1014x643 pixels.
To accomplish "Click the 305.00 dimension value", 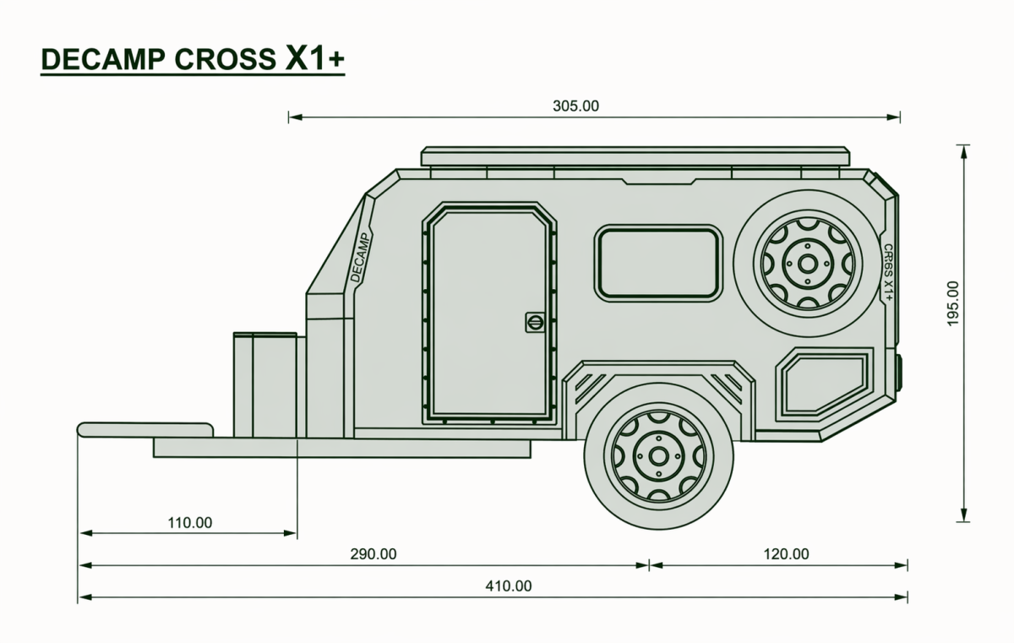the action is [x=575, y=106].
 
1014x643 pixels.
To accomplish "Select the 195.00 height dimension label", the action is [x=953, y=303].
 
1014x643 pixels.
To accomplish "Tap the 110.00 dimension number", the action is [x=189, y=523].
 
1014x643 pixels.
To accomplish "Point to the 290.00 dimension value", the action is [x=373, y=553].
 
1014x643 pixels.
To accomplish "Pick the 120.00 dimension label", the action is [x=787, y=553].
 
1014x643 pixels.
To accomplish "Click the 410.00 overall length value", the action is [x=509, y=586].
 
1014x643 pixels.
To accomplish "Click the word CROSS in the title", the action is [x=225, y=59].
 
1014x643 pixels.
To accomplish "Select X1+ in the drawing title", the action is [x=314, y=58].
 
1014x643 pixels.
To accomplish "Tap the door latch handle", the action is [x=535, y=322].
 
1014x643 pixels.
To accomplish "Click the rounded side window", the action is [x=658, y=264].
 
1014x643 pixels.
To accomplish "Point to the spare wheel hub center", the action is [x=808, y=264].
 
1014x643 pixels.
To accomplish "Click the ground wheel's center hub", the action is [x=658, y=456].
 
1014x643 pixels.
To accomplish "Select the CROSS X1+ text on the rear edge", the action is [x=889, y=272].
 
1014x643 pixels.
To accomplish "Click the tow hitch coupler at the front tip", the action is [x=144, y=430].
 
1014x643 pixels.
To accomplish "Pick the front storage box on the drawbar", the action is [x=265, y=385].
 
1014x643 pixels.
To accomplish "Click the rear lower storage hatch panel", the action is [x=825, y=384].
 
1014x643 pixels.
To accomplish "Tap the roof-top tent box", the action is [x=635, y=156].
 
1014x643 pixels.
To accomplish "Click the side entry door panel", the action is [x=489, y=313].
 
